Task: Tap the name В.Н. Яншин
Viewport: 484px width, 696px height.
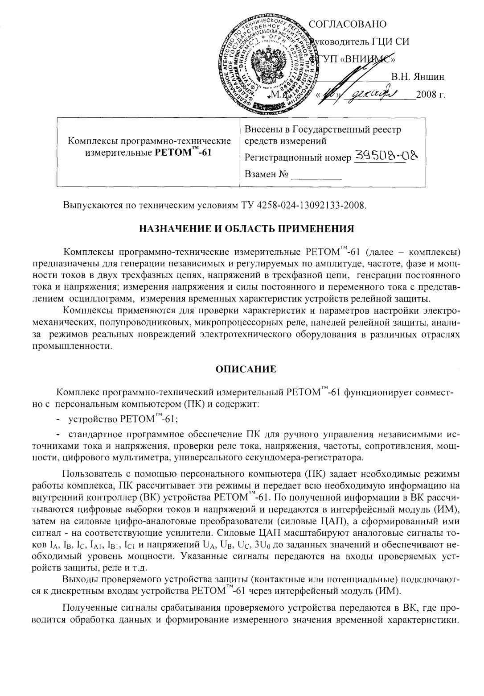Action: pyautogui.click(x=418, y=76)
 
